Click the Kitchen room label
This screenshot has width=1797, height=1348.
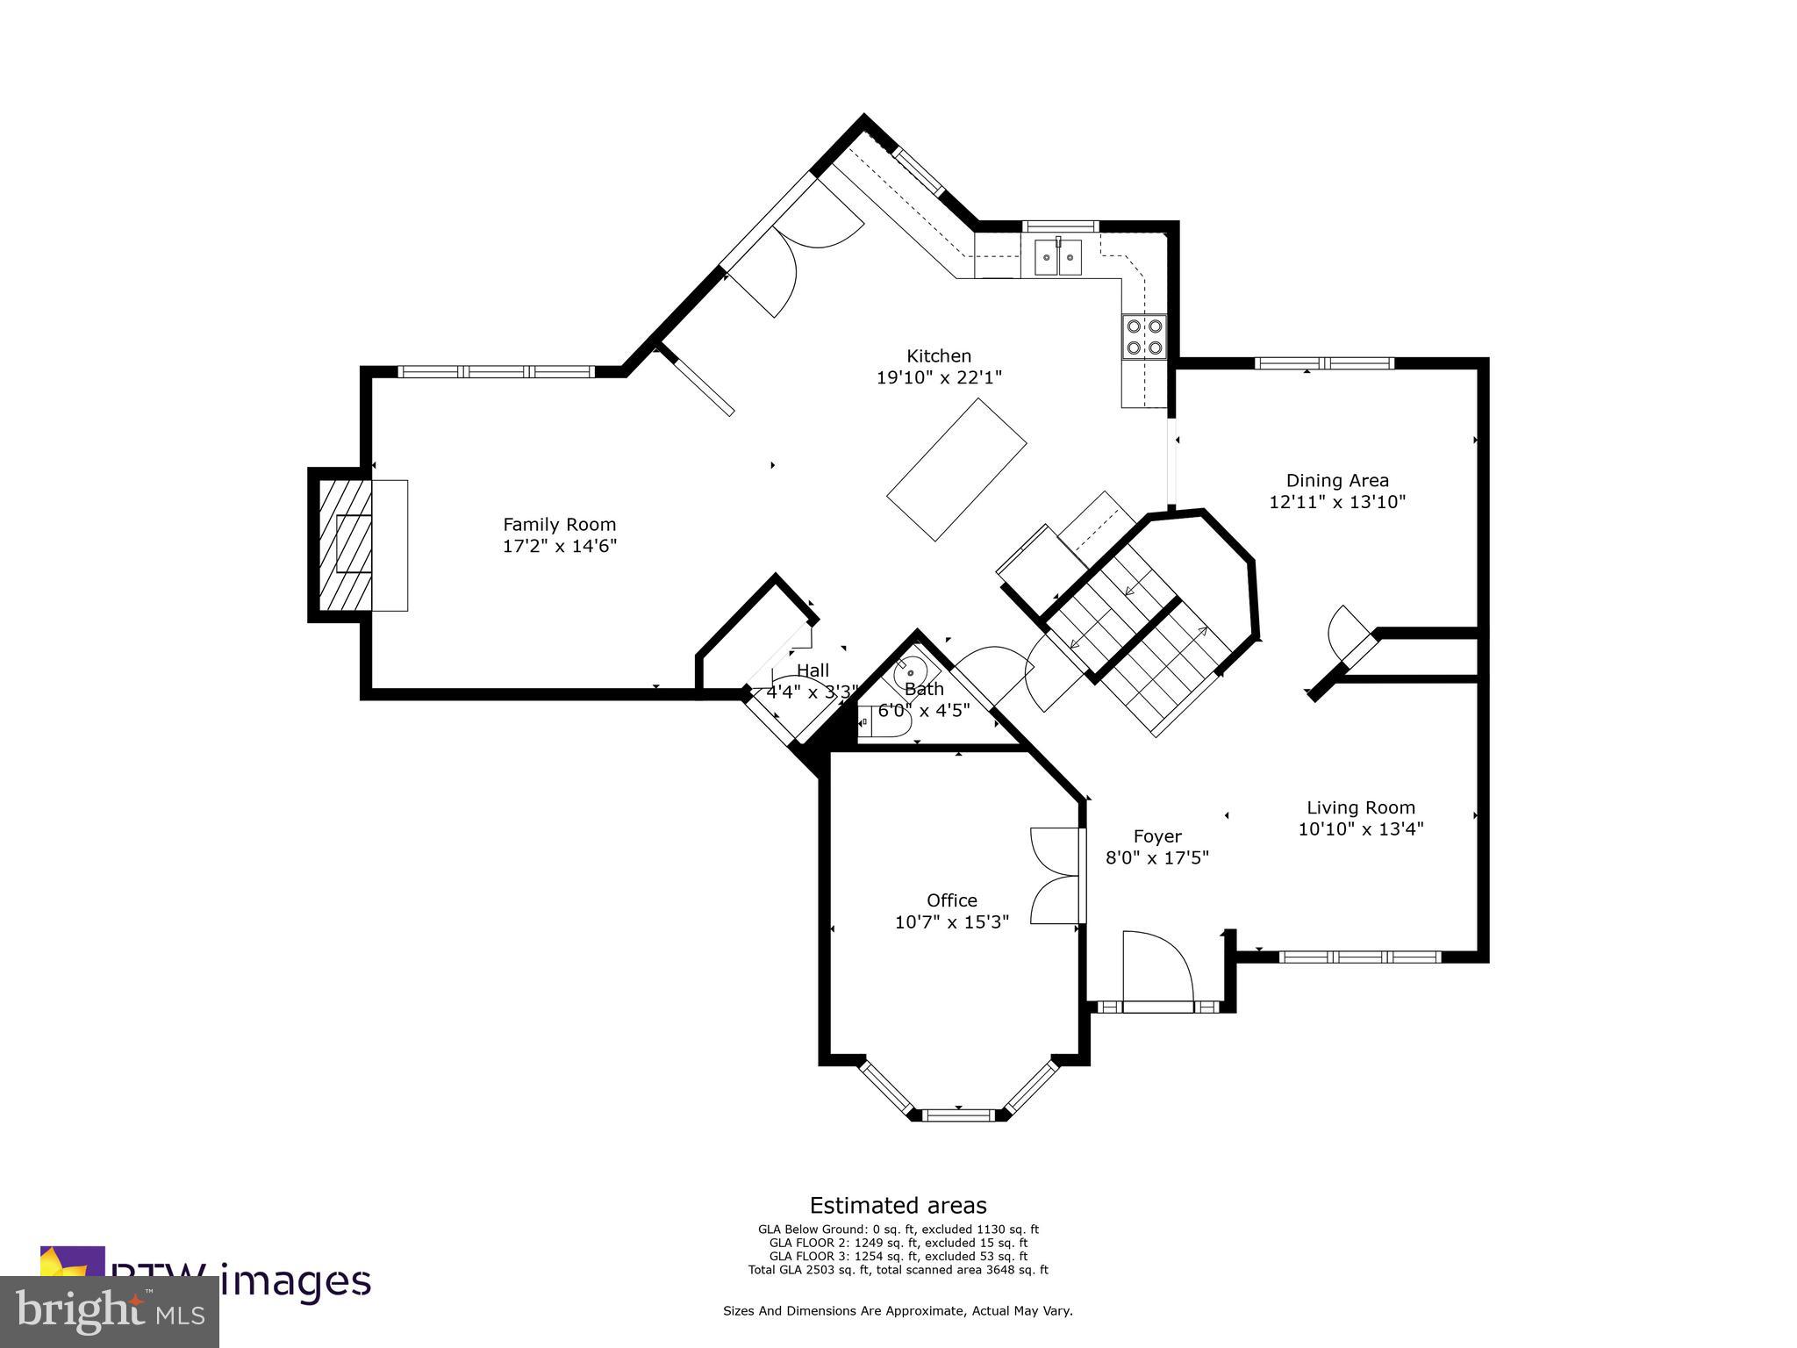pyautogui.click(x=938, y=355)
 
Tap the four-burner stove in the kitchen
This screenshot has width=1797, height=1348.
pyautogui.click(x=1144, y=336)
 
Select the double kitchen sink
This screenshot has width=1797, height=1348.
pyautogui.click(x=1058, y=257)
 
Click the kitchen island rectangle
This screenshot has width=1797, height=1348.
pyautogui.click(x=956, y=470)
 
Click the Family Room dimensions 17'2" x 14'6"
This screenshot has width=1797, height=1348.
pyautogui.click(x=559, y=546)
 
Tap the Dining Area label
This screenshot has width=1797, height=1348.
pyautogui.click(x=1337, y=480)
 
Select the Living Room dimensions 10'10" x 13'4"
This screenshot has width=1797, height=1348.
pyautogui.click(x=1360, y=828)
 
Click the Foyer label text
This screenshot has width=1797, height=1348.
pyautogui.click(x=1156, y=836)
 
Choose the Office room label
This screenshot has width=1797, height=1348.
pyautogui.click(x=951, y=900)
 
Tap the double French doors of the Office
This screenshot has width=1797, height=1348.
pyautogui.click(x=1056, y=875)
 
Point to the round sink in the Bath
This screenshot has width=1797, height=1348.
pyautogui.click(x=909, y=675)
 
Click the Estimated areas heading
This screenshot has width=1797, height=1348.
pyautogui.click(x=898, y=1205)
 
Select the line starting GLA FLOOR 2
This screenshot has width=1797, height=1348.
pyautogui.click(x=898, y=1243)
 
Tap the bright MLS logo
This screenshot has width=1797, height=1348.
pyautogui.click(x=110, y=1312)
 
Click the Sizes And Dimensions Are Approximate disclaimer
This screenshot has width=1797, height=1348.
pyautogui.click(x=898, y=1310)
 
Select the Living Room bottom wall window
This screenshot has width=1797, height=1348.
pyautogui.click(x=1359, y=957)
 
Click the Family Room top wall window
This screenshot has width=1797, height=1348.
pyautogui.click(x=496, y=371)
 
